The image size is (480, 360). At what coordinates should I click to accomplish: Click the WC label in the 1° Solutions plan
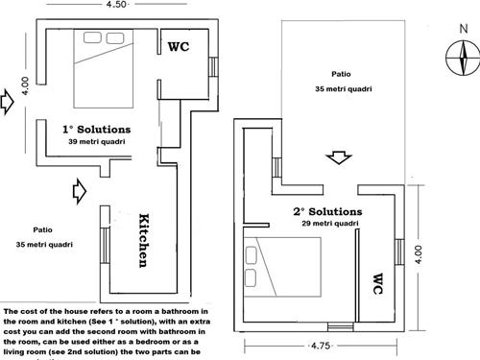pos(180,45)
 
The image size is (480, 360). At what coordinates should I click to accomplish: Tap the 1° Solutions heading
pos(97,129)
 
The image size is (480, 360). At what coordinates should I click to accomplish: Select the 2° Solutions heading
pos(327,211)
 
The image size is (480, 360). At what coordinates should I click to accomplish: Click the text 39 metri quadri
pos(97,141)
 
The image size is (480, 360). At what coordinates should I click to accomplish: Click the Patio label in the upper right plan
pos(340,73)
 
